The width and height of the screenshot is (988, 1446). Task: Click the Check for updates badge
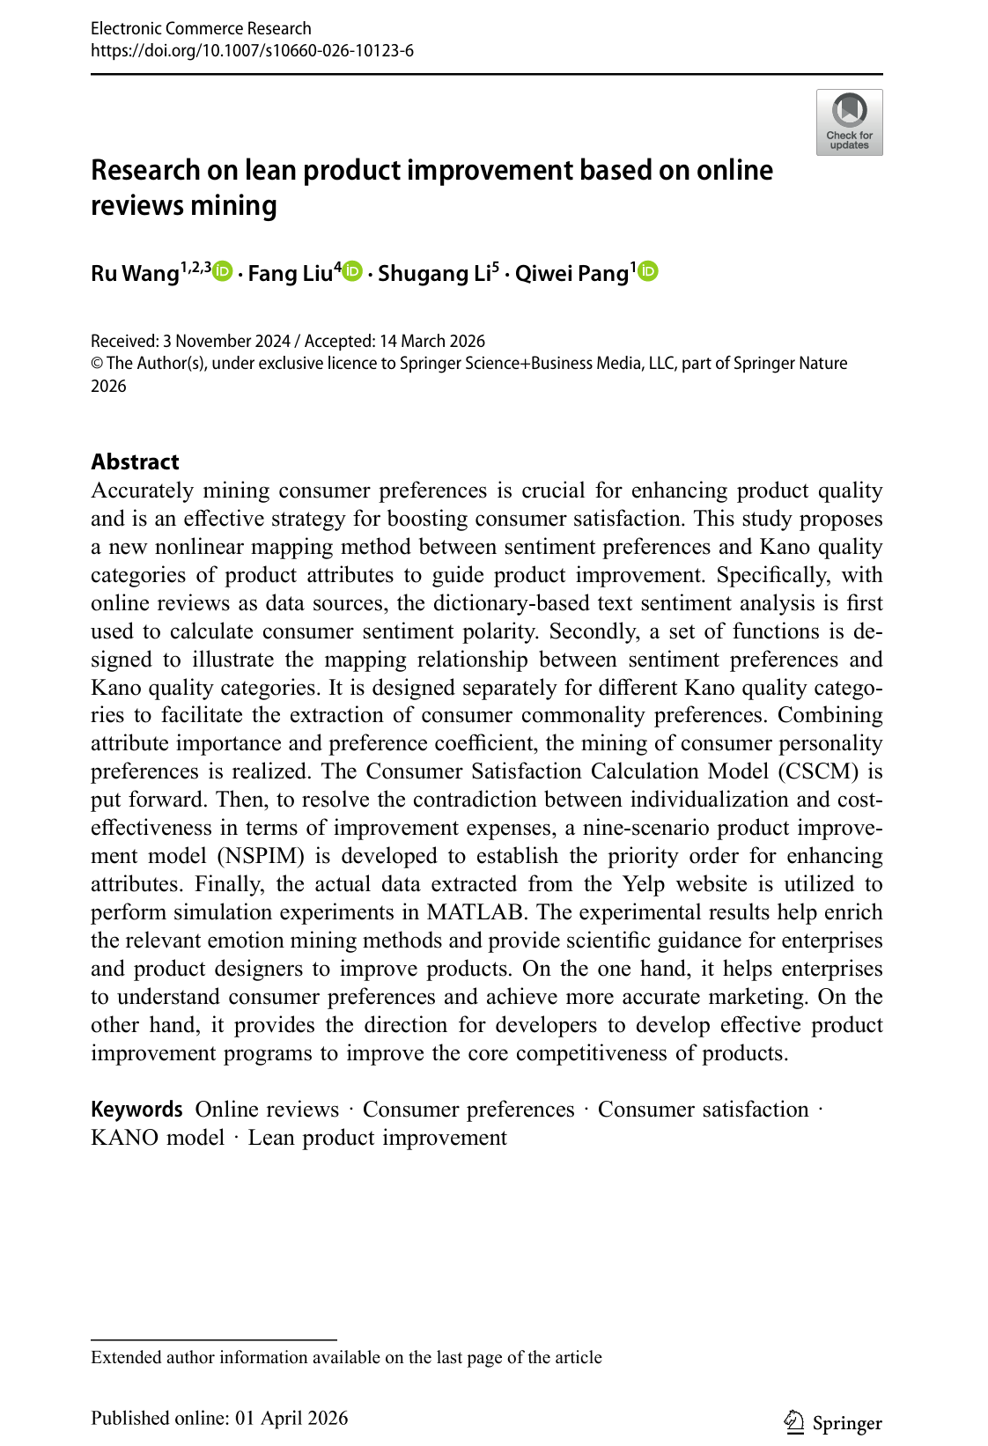849,122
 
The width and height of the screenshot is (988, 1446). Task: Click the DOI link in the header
252,50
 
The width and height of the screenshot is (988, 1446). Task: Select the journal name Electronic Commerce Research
201,28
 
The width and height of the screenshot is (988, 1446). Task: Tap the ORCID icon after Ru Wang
223,272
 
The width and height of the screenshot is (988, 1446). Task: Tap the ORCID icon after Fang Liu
352,272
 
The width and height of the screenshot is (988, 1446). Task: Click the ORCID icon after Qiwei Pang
648,272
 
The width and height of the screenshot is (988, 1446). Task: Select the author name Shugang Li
434,274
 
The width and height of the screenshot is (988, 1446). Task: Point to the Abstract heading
135,461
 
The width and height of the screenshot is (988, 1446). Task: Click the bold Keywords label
136,1110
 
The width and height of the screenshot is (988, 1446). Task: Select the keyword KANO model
158,1138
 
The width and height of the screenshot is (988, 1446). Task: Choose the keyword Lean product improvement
377,1138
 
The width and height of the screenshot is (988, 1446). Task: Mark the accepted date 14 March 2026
432,341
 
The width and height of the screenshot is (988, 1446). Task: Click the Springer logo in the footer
832,1423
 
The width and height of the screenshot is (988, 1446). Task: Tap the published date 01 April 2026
291,1418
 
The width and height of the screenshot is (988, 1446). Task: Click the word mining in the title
233,205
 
